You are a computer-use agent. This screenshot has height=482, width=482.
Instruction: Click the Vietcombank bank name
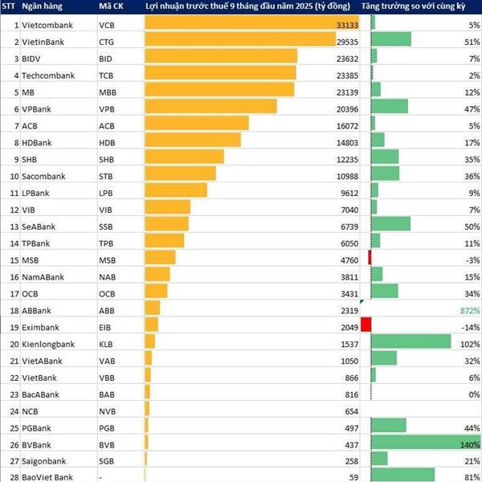click(47, 26)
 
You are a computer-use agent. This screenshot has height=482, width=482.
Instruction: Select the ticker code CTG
click(106, 43)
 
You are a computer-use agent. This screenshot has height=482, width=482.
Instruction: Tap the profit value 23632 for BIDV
click(341, 59)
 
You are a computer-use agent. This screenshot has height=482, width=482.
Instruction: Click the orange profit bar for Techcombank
click(220, 76)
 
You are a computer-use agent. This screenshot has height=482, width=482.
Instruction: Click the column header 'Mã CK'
click(110, 7)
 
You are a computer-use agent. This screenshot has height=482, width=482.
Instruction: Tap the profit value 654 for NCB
click(349, 411)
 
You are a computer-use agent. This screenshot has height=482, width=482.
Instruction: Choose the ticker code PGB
click(106, 428)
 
